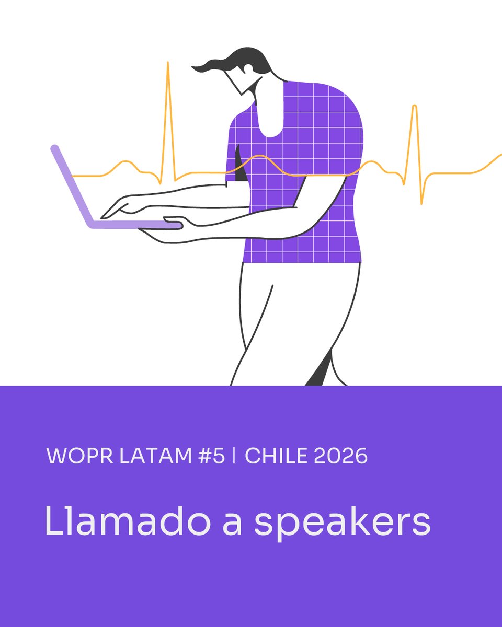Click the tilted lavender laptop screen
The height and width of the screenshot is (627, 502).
[x=72, y=185]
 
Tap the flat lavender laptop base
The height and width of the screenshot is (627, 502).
[x=136, y=225]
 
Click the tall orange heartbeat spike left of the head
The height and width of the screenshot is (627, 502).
[x=168, y=104]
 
